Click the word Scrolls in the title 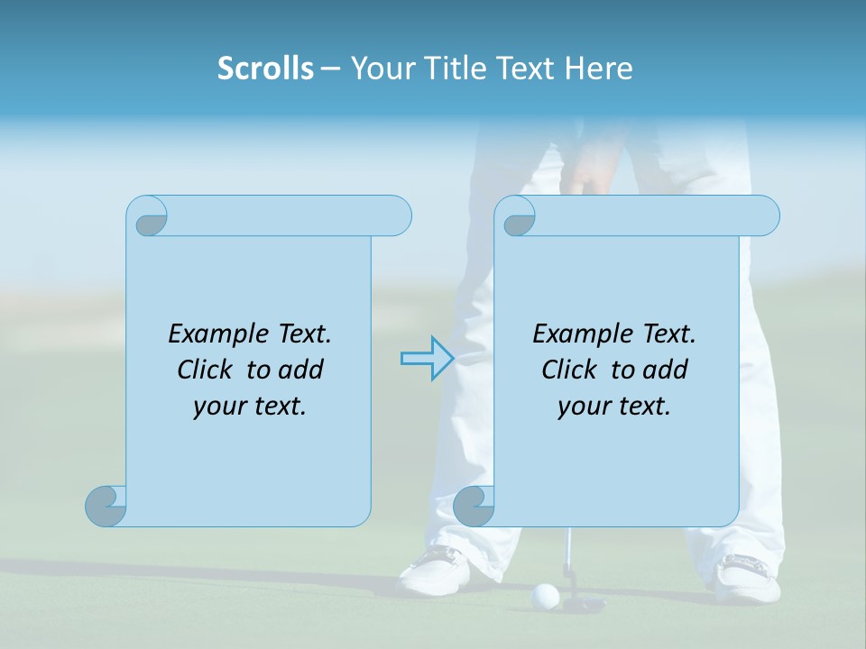(265, 69)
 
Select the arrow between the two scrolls (427, 359)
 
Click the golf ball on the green (546, 594)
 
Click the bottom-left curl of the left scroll (106, 506)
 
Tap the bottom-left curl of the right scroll (474, 506)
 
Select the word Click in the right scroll (569, 370)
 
